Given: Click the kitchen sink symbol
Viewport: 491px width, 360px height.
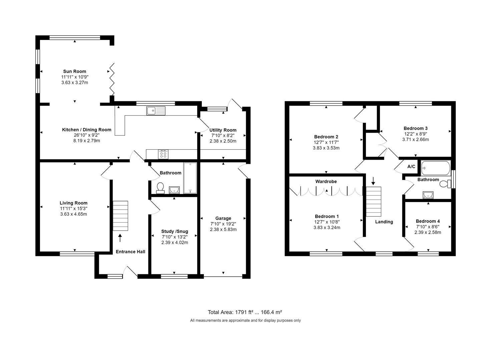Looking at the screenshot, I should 156,110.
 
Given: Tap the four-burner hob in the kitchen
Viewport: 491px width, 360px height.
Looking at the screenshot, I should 163,154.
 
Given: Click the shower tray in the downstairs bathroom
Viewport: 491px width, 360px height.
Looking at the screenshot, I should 190,178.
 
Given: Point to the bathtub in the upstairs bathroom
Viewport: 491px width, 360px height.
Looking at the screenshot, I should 435,168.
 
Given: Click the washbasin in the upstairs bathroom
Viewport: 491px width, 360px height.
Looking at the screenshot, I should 428,194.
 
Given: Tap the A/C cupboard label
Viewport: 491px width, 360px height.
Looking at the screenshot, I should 411,166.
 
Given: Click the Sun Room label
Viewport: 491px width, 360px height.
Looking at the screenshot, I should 75,71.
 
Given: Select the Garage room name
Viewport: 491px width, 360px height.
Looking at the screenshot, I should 223,218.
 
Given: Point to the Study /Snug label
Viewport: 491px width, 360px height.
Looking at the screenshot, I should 174,231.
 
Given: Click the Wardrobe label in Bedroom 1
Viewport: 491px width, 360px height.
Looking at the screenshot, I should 326,182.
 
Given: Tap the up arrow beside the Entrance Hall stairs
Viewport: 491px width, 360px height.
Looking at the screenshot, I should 120,238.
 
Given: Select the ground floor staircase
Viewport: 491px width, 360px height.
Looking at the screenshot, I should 120,216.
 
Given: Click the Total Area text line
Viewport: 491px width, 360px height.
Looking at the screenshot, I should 245,312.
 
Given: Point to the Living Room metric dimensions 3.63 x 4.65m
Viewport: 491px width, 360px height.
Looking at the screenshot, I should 73,214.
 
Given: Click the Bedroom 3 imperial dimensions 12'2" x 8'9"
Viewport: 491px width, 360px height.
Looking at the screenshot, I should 415,134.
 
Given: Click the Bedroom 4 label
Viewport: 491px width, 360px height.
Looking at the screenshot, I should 428,221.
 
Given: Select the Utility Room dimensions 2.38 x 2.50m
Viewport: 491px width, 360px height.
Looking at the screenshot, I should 223,141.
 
